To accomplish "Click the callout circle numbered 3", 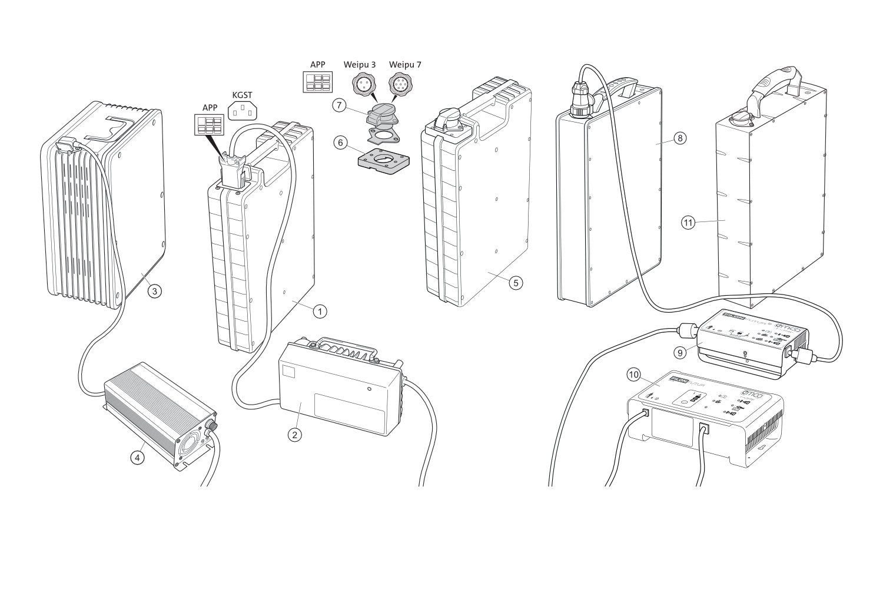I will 154,291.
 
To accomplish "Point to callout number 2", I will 295,435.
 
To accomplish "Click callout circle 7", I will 338,105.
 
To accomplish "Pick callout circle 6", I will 338,142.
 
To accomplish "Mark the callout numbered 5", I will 515,283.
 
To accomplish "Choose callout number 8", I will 680,138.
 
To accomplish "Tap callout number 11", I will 688,223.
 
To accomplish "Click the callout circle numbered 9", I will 680,353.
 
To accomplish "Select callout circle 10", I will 634,374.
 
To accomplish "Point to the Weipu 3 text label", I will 360,64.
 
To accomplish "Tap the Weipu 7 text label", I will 405,64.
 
